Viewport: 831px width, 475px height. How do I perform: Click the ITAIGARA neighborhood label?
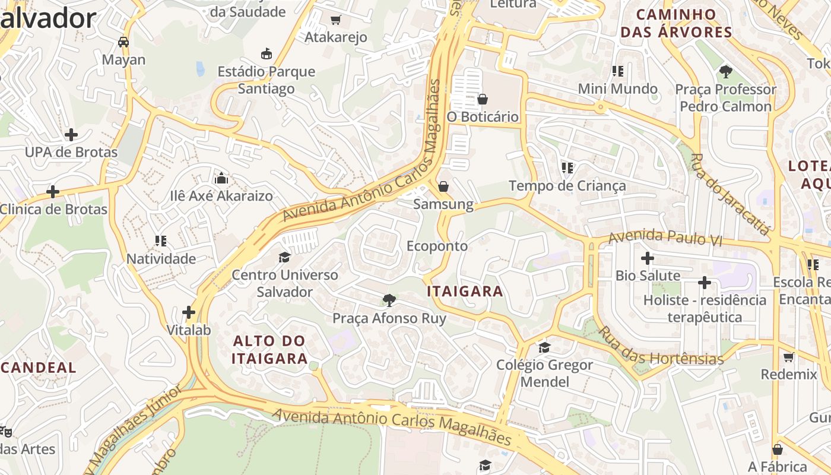click(465, 292)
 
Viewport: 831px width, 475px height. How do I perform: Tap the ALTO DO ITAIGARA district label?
click(269, 350)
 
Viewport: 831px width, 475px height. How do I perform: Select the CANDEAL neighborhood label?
click(39, 368)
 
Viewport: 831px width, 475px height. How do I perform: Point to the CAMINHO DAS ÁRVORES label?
click(676, 23)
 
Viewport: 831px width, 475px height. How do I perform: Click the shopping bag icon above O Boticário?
click(483, 99)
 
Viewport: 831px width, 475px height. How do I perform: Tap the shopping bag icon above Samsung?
click(443, 187)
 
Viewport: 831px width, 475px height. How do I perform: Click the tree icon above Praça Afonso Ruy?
click(389, 300)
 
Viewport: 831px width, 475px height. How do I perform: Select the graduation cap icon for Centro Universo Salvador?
click(285, 257)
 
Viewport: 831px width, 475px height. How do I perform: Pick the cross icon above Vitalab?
click(189, 312)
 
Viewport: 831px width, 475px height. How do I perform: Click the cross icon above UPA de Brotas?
click(71, 135)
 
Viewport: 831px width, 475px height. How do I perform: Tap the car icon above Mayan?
click(123, 42)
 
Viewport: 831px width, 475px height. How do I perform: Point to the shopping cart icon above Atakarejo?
click(335, 20)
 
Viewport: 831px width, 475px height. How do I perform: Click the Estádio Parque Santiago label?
click(267, 80)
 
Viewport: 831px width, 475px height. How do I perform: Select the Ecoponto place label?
click(437, 246)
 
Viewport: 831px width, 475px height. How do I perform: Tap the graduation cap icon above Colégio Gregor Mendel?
click(544, 347)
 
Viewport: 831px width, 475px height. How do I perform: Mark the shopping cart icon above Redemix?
click(789, 357)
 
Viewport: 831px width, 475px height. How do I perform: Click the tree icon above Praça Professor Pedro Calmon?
click(725, 72)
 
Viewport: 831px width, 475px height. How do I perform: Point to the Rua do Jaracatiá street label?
click(730, 194)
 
